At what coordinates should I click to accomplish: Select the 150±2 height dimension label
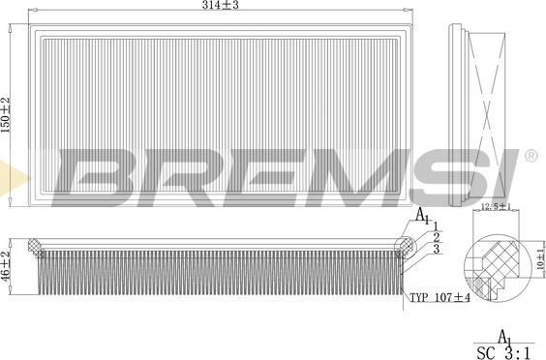[6, 115]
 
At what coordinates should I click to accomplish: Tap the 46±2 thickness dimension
[6, 264]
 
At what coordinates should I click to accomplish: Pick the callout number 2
[437, 237]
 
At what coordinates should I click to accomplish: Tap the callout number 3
[437, 250]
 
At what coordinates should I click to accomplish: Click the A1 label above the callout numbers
[421, 216]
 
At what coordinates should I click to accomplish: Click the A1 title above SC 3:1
[504, 335]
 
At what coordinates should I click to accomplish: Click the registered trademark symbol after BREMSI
[531, 155]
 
